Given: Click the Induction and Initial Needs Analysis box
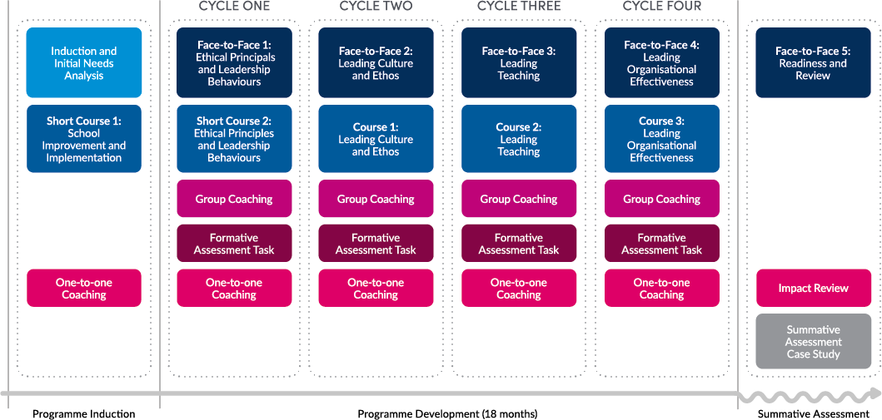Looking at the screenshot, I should (84, 63).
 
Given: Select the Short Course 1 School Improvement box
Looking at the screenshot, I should (84, 139).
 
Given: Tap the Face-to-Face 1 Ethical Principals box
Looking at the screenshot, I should (234, 63).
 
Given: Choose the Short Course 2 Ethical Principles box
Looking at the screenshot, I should (234, 139).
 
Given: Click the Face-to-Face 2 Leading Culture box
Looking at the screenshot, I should (376, 63).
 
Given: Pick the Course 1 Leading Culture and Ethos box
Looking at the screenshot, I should (376, 139).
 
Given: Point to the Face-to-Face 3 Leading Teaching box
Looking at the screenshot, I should (519, 63).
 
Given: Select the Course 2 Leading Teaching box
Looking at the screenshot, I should (519, 139).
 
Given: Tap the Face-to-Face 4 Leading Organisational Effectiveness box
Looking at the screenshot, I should (662, 63).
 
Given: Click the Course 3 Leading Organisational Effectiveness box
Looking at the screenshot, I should (662, 139).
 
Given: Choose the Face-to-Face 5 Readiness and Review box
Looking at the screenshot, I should (813, 63).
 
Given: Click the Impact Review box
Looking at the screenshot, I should (813, 288).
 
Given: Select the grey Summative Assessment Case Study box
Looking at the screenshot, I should (813, 342).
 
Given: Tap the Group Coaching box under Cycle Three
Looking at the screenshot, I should (519, 199).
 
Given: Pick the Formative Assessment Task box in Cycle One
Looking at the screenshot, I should (234, 244).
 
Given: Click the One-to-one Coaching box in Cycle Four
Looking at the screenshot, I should (662, 288).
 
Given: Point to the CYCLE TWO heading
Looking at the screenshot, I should (376, 7).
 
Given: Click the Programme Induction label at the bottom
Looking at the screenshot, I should (84, 413).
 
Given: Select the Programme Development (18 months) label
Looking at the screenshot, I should (447, 413).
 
